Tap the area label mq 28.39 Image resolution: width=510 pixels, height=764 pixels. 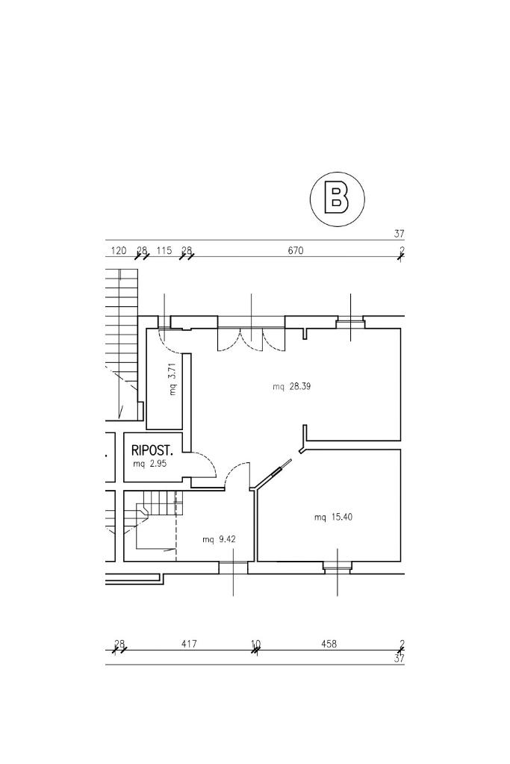point(292,387)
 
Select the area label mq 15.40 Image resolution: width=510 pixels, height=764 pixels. point(333,517)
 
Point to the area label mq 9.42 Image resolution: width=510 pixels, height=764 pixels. point(220,539)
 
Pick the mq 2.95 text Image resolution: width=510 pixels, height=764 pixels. point(150,463)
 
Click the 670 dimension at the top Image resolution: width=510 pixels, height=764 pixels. point(296,250)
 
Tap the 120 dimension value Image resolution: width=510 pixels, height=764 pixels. point(119,250)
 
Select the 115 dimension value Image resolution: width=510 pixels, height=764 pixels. point(164,250)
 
